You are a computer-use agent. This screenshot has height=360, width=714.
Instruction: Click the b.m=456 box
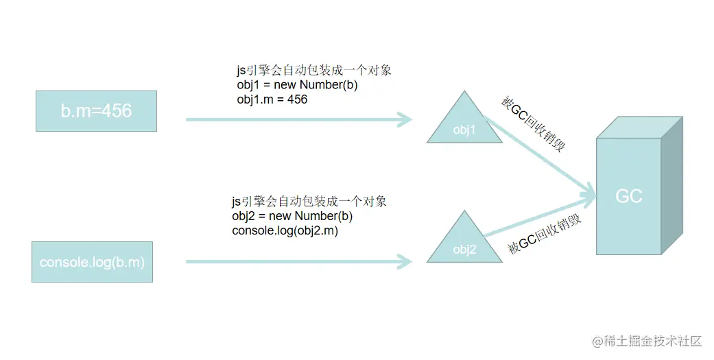pyautogui.click(x=96, y=110)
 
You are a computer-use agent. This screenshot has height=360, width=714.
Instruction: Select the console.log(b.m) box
pyautogui.click(x=92, y=262)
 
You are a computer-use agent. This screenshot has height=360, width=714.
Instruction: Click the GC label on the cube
pyautogui.click(x=628, y=196)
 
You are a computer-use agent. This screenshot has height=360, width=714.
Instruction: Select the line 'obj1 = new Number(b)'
pyautogui.click(x=297, y=85)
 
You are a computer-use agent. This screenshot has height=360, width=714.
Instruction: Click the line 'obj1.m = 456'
pyautogui.click(x=272, y=99)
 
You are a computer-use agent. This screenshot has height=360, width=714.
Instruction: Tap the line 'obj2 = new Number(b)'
pyautogui.click(x=292, y=217)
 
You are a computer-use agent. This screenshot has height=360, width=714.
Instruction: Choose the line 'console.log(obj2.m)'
pyautogui.click(x=285, y=231)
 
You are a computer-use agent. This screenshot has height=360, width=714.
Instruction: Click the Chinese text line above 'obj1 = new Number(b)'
pyautogui.click(x=313, y=71)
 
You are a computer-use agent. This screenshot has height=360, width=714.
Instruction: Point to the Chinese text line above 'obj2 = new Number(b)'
pyautogui.click(x=309, y=202)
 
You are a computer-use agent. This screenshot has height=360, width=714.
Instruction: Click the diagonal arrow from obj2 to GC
pyautogui.click(x=542, y=218)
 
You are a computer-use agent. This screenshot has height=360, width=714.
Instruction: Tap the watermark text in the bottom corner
pyautogui.click(x=647, y=341)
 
